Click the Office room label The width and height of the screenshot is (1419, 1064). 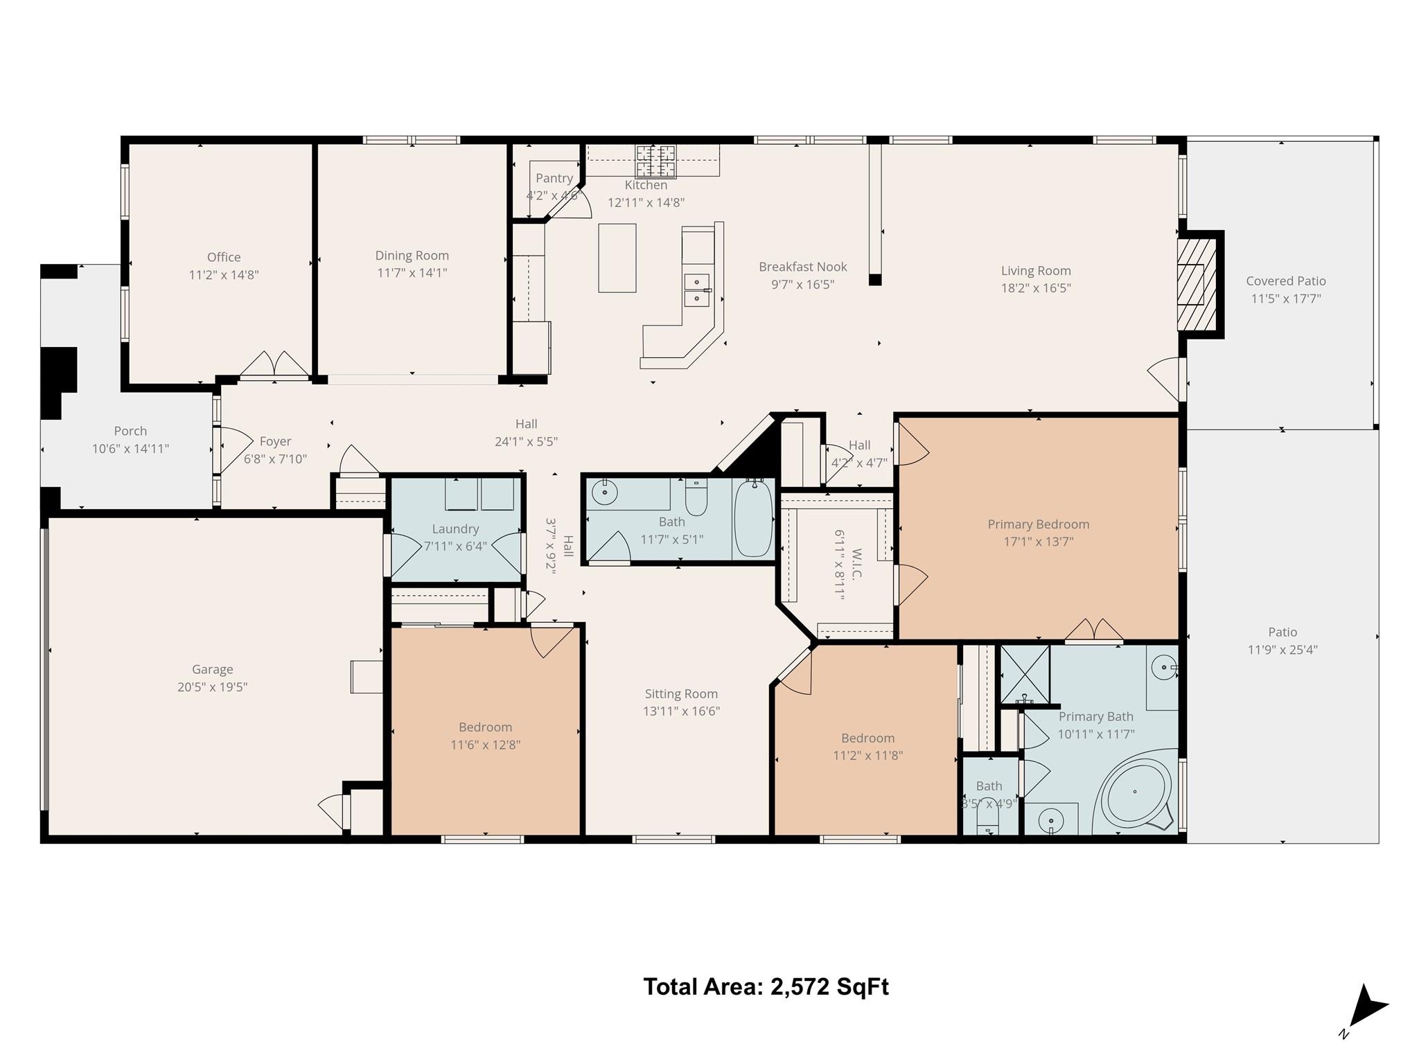[223, 257]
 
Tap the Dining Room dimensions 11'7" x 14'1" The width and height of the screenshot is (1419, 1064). [412, 273]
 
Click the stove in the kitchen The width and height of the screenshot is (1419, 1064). [655, 161]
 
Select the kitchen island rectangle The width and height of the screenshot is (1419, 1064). [617, 258]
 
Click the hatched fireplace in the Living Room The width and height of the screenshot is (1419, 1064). [1197, 284]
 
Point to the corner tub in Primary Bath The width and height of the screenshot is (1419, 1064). [1136, 794]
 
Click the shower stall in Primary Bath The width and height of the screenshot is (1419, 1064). [1025, 673]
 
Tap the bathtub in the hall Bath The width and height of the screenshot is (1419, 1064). [752, 519]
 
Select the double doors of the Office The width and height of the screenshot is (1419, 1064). [274, 365]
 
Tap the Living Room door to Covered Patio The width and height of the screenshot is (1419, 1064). [1165, 378]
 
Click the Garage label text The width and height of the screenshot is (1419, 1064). [212, 669]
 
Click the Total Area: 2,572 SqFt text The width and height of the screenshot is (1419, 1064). [766, 986]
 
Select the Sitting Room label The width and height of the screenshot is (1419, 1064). [681, 693]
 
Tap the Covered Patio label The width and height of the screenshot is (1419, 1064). [1285, 281]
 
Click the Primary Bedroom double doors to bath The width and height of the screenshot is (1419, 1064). [1093, 630]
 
